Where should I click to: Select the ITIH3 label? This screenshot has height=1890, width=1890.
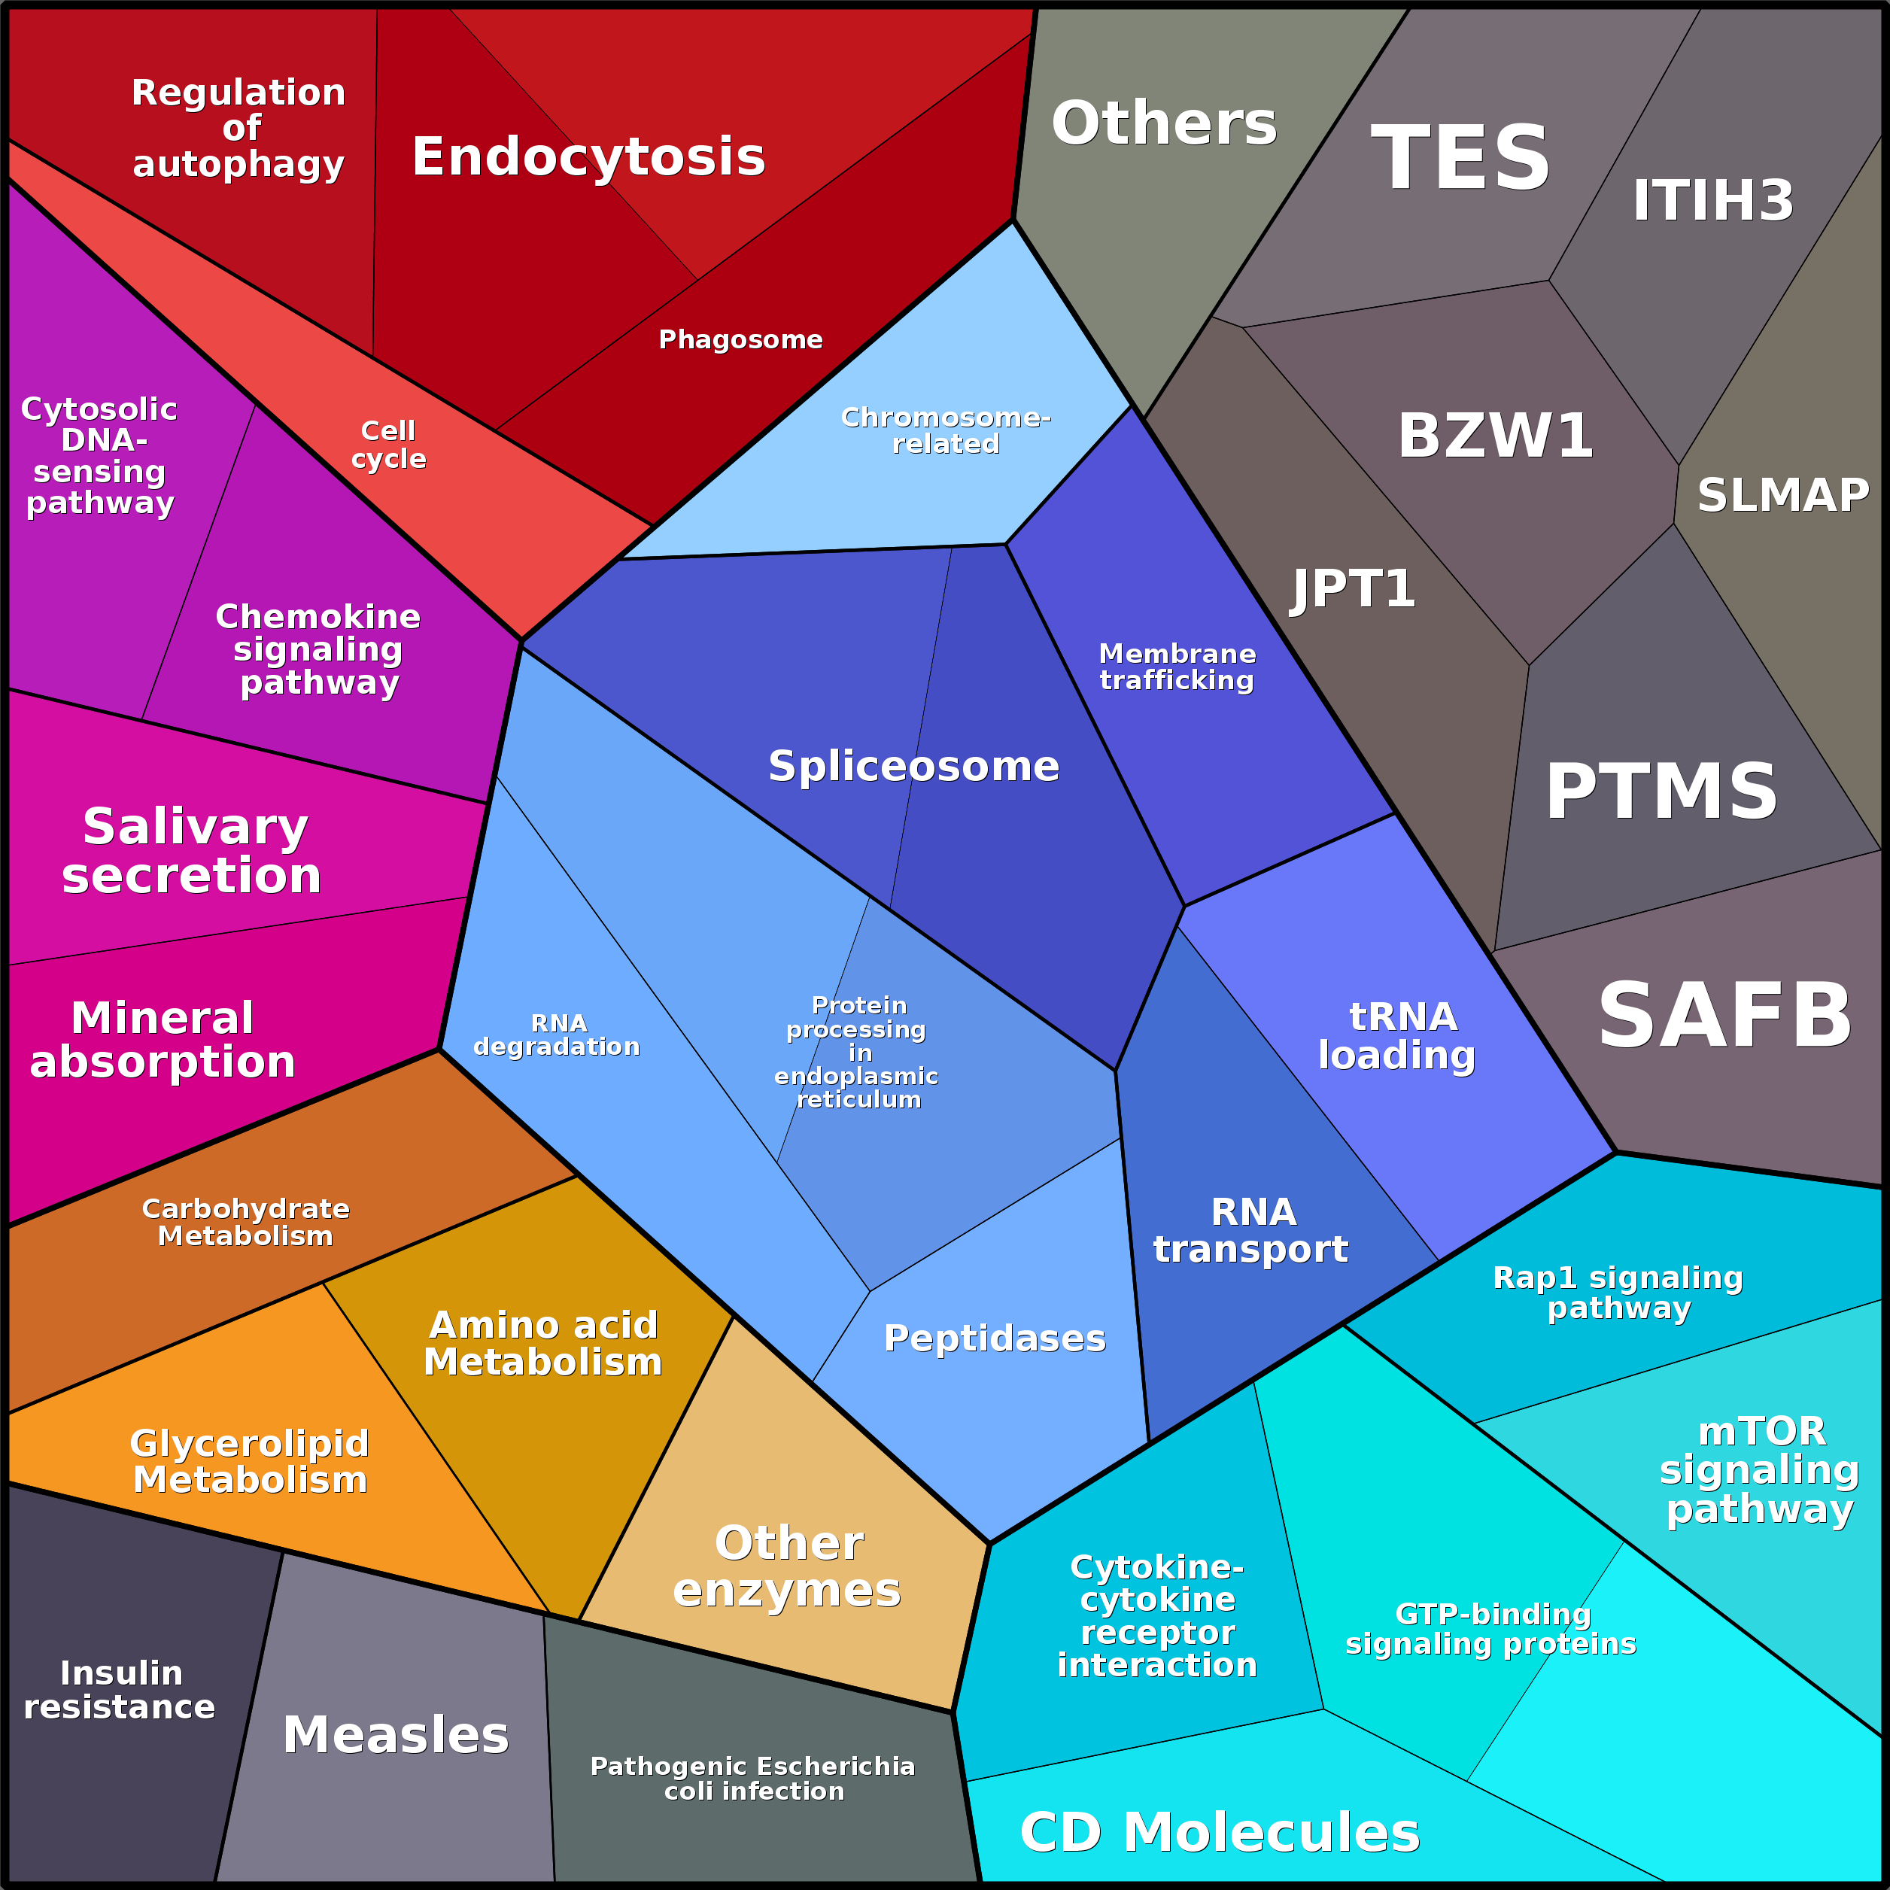(1713, 201)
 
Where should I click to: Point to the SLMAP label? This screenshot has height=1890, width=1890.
(1782, 495)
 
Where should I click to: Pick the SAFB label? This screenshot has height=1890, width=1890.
(1724, 1016)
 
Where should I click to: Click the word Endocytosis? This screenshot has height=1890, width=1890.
(588, 156)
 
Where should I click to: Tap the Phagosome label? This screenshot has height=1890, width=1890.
(740, 339)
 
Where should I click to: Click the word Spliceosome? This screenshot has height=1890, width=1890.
(913, 765)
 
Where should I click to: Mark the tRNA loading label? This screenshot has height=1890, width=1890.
(1397, 1035)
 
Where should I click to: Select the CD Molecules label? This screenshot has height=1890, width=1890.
(1219, 1832)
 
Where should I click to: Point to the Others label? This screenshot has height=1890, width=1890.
(1164, 123)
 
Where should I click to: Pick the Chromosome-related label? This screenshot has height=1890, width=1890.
(946, 430)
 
